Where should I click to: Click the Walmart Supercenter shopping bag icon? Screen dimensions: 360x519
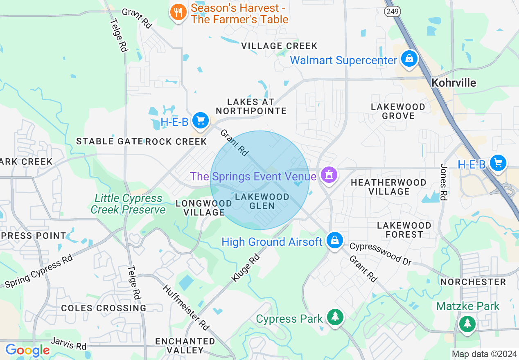pos(409,59)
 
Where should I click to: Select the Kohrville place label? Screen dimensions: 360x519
pos(454,83)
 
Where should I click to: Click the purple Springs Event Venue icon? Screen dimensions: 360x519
pos(328,175)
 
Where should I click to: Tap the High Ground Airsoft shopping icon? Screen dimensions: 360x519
pos(335,241)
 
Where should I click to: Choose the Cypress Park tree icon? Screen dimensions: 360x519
pos(335,317)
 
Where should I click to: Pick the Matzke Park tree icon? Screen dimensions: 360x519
pos(467,324)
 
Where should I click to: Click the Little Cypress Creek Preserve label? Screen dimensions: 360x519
pos(128,204)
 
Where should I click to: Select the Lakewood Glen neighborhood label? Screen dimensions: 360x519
pos(262,201)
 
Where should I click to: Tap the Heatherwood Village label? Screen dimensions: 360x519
pos(388,187)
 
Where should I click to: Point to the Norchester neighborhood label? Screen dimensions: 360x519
pos(473,282)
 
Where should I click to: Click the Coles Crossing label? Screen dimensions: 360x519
pos(104,308)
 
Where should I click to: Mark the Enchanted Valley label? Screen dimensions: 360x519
pos(185,346)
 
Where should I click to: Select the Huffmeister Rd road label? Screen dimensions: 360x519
pos(186,307)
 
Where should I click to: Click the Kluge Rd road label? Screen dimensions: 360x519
pos(245,268)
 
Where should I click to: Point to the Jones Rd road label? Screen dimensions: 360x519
pos(443,182)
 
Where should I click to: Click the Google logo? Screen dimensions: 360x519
pos(27,350)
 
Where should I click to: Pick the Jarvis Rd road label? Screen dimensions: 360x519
pos(68,343)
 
